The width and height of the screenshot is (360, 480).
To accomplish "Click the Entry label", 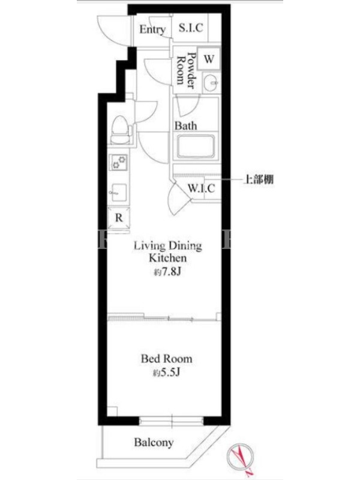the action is pyautogui.click(x=152, y=29).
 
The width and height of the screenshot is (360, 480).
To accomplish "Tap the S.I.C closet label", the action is pyautogui.click(x=191, y=28).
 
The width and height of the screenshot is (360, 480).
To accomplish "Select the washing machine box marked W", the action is pyautogui.click(x=209, y=58).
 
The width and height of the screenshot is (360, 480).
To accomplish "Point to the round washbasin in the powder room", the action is pyautogui.click(x=211, y=83).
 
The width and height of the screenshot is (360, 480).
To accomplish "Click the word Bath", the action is pyautogui.click(x=185, y=125).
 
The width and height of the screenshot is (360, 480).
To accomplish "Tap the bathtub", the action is pyautogui.click(x=196, y=146).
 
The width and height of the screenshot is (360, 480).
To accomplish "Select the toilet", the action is pyautogui.click(x=121, y=130).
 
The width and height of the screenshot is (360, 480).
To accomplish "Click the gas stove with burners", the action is pyautogui.click(x=119, y=161).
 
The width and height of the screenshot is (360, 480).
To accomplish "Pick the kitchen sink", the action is pyautogui.click(x=119, y=192).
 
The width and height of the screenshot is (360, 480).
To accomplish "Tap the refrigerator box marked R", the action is pyautogui.click(x=119, y=218).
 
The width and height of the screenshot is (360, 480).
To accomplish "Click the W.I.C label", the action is pyautogui.click(x=201, y=188).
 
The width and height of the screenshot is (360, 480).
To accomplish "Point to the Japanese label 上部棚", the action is pyautogui.click(x=259, y=179).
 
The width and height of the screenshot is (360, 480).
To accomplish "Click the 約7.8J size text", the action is pyautogui.click(x=167, y=272).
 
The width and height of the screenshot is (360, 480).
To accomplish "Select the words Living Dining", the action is pyautogui.click(x=168, y=246).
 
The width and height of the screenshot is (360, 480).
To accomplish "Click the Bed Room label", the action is pyautogui.click(x=167, y=359).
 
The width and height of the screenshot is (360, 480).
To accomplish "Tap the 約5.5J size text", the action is pyautogui.click(x=166, y=373).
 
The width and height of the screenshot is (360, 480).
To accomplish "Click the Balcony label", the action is pyautogui.click(x=154, y=442).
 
